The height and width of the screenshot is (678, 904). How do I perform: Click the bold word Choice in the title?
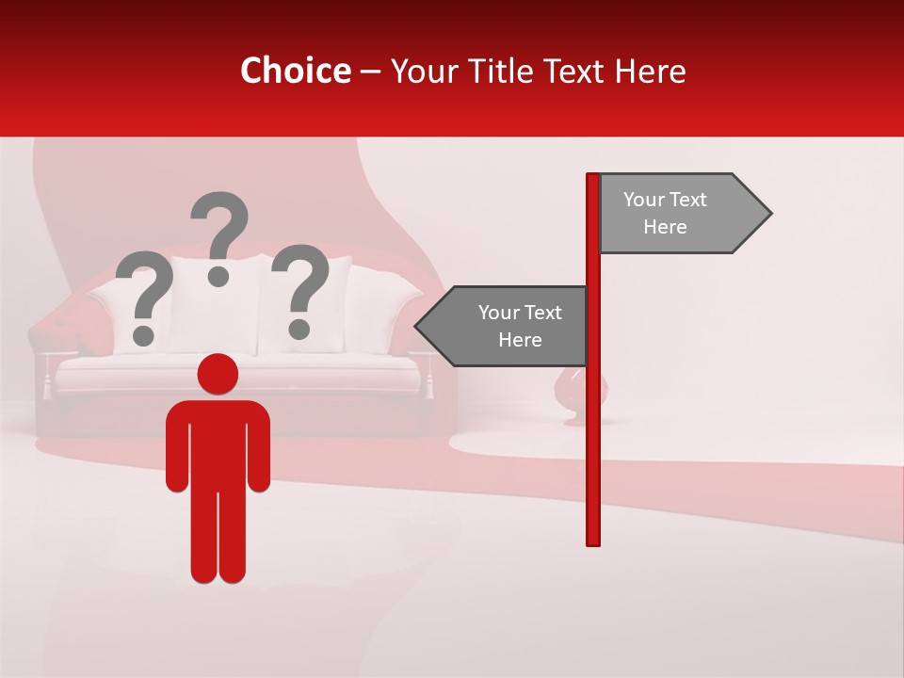pyautogui.click(x=295, y=71)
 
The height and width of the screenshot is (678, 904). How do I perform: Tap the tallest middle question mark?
pyautogui.click(x=220, y=226)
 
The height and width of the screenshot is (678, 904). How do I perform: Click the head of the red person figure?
pyautogui.click(x=218, y=374)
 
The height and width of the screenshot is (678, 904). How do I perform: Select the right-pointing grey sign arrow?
pyautogui.click(x=678, y=214)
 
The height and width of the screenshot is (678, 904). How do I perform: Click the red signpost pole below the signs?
pyautogui.click(x=593, y=452)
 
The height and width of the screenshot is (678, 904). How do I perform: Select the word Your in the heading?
pyautogui.click(x=421, y=71)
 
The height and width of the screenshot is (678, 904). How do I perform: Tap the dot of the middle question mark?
pyautogui.click(x=219, y=275)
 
